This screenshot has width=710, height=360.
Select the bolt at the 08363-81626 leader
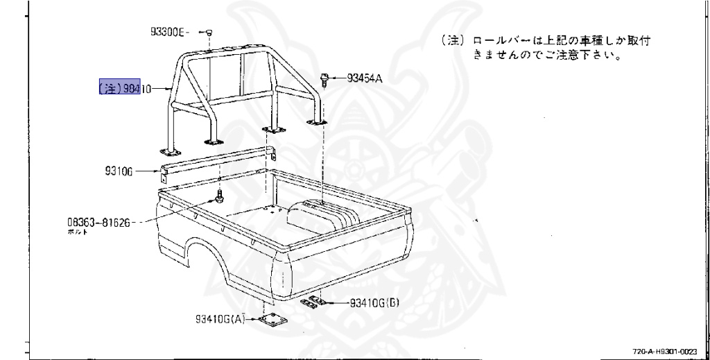[220, 198]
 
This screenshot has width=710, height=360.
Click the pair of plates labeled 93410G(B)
[316, 301]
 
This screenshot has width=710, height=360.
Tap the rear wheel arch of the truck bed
[193, 254]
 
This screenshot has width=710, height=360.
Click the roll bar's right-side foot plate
[318, 123]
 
